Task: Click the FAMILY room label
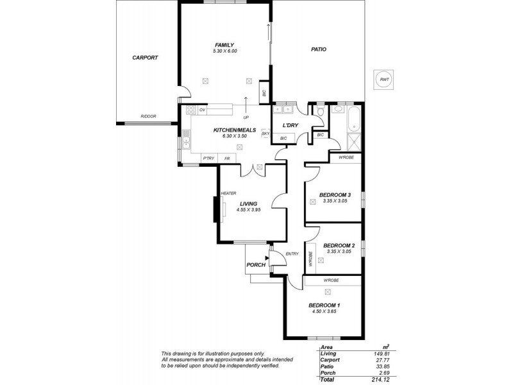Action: click(x=224, y=45)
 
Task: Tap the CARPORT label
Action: click(x=145, y=57)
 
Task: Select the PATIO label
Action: click(x=319, y=49)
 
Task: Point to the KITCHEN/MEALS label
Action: click(x=235, y=130)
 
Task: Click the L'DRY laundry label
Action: click(x=283, y=126)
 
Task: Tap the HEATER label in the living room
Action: click(x=229, y=193)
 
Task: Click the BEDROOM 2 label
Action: click(x=339, y=246)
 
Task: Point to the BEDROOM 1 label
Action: click(x=324, y=305)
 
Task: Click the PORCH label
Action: click(x=256, y=265)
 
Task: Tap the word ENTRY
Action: click(x=292, y=253)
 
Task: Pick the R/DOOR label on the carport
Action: click(x=148, y=116)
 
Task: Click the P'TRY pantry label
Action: click(x=208, y=158)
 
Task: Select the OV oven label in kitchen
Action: click(x=202, y=110)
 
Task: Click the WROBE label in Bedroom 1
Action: click(x=331, y=280)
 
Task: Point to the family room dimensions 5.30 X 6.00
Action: click(x=224, y=51)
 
